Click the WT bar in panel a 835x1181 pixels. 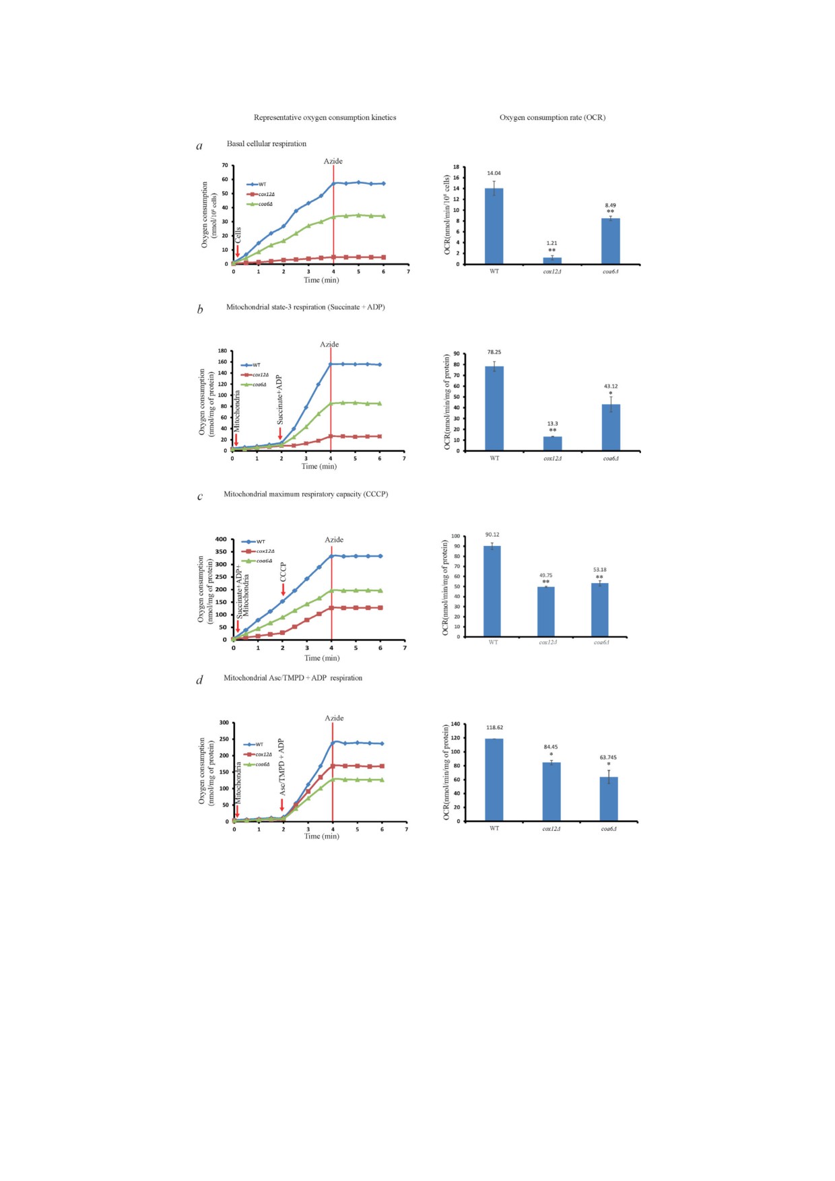tap(494, 226)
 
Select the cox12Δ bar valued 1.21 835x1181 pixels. tap(552, 260)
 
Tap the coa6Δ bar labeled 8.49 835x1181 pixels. tap(610, 241)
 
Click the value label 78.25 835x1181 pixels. tap(494, 352)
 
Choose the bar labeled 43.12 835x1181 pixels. tap(611, 428)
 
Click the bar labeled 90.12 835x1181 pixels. tap(492, 591)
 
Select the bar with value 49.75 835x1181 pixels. tap(546, 611)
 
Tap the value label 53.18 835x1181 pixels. tap(599, 570)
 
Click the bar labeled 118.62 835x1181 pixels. tap(494, 780)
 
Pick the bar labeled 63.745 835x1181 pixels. tap(609, 799)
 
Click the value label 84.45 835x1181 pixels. tap(551, 747)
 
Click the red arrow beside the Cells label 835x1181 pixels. tap(238, 252)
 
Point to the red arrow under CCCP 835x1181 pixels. tap(283, 590)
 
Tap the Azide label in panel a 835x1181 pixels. tap(333, 161)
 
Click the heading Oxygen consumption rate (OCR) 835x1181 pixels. tap(552, 117)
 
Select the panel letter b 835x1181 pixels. tap(200, 310)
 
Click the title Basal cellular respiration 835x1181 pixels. tap(266, 143)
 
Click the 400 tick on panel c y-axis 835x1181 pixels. tap(221, 539)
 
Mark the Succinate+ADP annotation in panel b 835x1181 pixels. tap(280, 400)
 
